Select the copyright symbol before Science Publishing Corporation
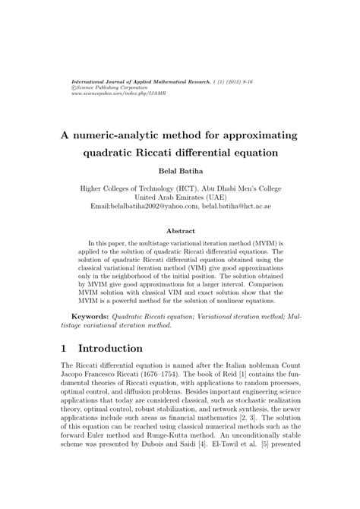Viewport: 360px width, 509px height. pyautogui.click(x=74, y=87)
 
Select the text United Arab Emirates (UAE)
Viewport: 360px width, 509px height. pyautogui.click(x=180, y=195)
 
